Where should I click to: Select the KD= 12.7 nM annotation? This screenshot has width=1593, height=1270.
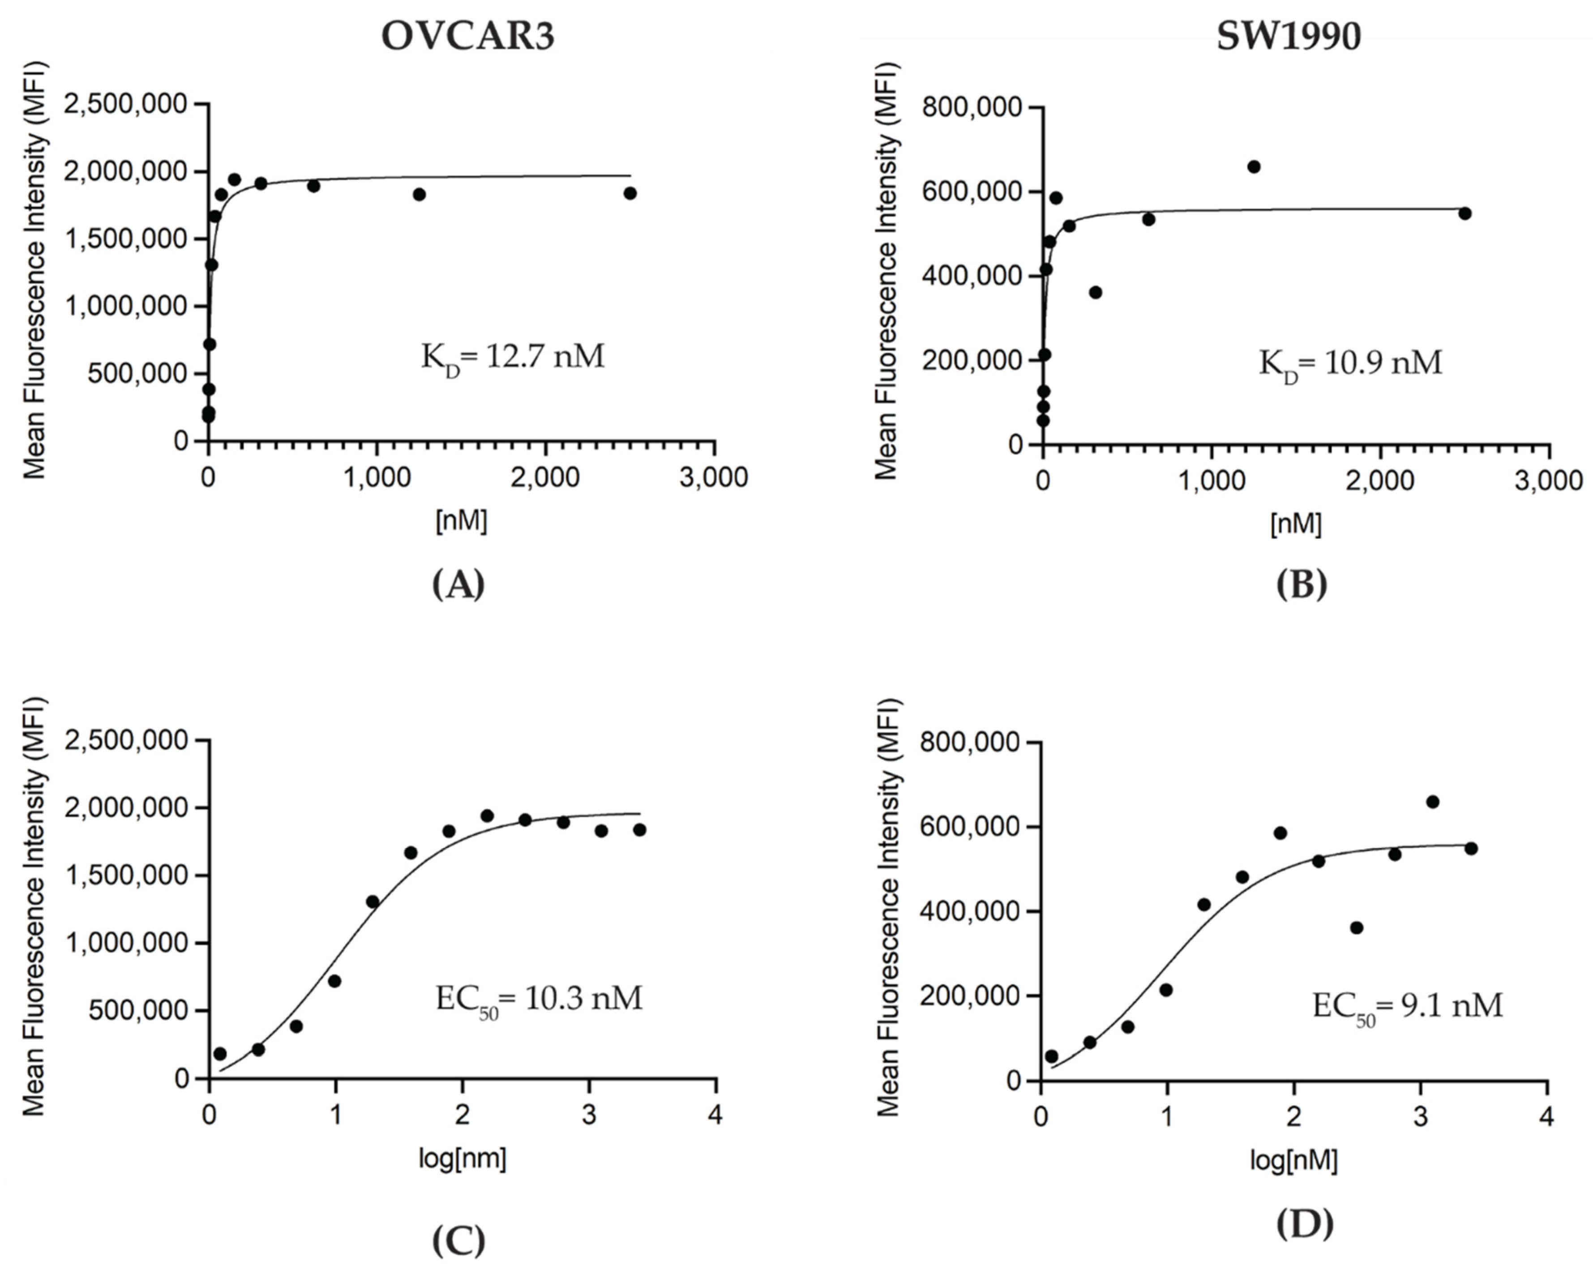click(x=513, y=358)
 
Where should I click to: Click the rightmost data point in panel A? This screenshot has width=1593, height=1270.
click(x=629, y=193)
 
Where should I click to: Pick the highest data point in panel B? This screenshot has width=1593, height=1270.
click(x=1254, y=167)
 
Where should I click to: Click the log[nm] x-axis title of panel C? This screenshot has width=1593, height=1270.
click(x=462, y=1159)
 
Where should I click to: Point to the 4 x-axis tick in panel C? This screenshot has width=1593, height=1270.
click(x=715, y=1115)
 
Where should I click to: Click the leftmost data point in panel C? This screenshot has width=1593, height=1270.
click(x=219, y=1053)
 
